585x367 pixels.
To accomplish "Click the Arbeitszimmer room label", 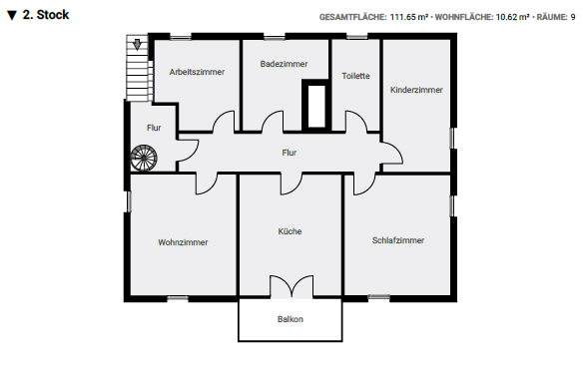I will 197,72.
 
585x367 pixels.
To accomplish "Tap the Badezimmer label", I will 284,64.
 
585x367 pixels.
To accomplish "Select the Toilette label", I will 355,76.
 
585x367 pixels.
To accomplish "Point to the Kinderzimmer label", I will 416,89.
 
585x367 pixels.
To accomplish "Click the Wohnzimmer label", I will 183,242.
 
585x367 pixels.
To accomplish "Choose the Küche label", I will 290,231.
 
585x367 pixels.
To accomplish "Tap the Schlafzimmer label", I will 398,240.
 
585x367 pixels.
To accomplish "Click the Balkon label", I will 290,319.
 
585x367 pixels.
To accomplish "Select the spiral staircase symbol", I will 144,158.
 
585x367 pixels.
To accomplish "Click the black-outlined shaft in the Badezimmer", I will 316,105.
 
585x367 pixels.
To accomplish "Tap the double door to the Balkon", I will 290,285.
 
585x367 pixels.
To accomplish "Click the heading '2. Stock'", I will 46,16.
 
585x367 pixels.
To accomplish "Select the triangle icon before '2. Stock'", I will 12,16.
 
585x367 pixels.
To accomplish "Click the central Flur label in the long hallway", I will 290,153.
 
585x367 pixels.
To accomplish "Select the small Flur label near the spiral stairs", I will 154,128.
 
